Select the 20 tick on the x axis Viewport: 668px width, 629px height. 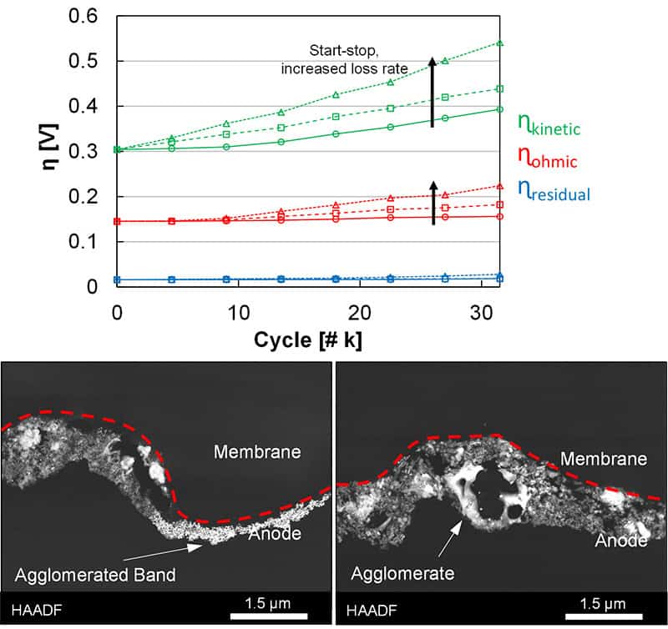(x=359, y=310)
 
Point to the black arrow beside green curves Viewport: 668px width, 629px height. (x=433, y=92)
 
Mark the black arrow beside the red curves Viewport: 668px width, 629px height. (x=433, y=201)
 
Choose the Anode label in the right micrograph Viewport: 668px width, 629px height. (x=620, y=541)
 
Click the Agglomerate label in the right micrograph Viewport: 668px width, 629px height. (x=402, y=574)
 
